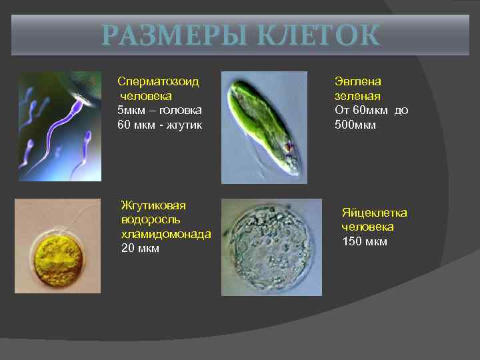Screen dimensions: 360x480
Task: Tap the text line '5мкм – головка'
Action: (x=159, y=109)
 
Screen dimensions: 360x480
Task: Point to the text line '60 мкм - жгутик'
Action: (x=159, y=124)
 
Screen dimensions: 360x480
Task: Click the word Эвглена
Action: (x=357, y=81)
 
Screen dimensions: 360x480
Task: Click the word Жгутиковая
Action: (x=153, y=205)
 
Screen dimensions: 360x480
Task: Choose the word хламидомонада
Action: (x=166, y=234)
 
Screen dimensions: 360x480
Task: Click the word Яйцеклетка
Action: (x=374, y=213)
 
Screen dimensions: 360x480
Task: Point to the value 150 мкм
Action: (x=364, y=241)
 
